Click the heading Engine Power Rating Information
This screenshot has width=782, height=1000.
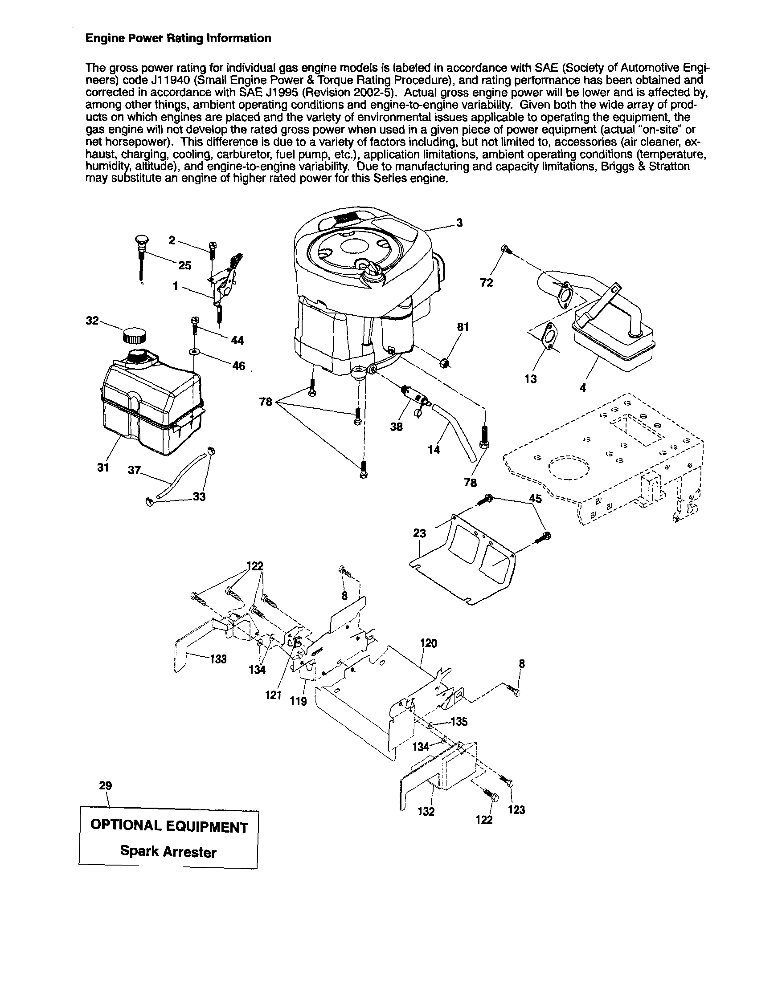click(x=178, y=38)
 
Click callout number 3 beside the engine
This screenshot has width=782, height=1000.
click(x=459, y=223)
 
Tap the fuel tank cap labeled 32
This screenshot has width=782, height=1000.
click(x=135, y=336)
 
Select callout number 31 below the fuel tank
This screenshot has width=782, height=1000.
click(x=103, y=467)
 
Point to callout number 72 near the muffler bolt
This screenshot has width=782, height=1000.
click(x=487, y=283)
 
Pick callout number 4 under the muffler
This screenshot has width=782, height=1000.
click(x=582, y=388)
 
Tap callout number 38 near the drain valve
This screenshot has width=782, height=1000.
click(x=396, y=427)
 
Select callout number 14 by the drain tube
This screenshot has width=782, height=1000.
click(x=434, y=450)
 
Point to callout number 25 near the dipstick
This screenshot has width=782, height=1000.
click(x=184, y=265)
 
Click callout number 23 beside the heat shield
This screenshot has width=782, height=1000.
click(x=419, y=533)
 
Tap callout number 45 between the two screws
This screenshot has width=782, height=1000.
click(x=535, y=499)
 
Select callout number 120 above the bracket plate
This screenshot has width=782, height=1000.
click(x=428, y=643)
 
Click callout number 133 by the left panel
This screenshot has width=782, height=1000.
click(x=218, y=659)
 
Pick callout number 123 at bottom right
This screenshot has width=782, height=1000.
click(x=516, y=810)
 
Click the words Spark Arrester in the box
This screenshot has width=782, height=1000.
click(x=168, y=852)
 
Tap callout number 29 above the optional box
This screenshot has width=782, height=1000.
click(x=105, y=786)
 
